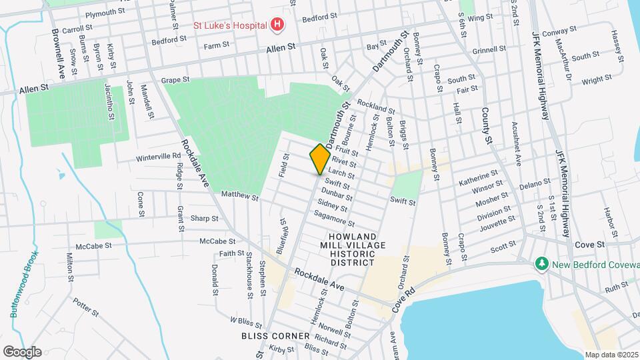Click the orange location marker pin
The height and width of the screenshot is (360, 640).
320,159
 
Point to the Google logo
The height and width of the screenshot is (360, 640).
22,351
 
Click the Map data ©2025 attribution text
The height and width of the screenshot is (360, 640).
611,354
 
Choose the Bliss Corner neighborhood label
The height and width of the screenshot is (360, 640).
276,335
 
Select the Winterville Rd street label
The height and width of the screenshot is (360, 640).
159,157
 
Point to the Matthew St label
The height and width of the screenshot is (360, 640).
239,196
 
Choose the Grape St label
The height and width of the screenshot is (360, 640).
176,80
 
